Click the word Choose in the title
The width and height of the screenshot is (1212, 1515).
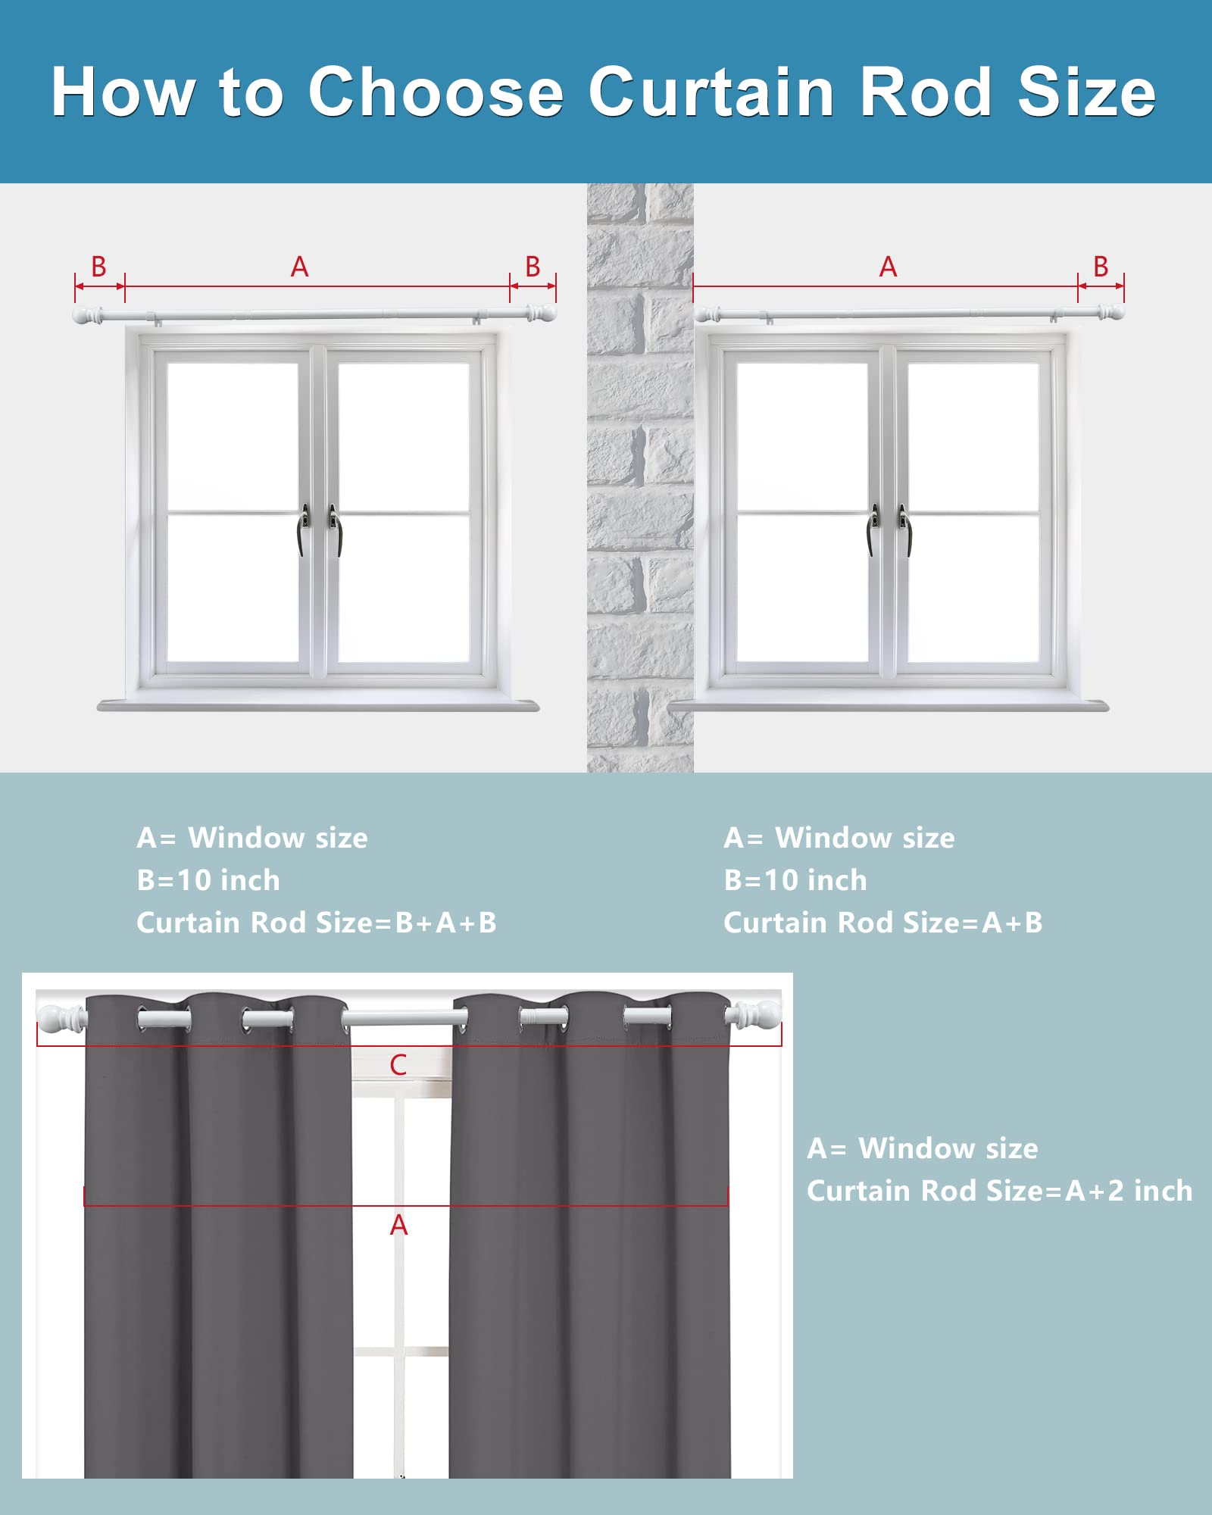tap(436, 92)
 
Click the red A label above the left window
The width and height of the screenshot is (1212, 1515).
tap(300, 267)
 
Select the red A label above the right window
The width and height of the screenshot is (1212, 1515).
tap(888, 267)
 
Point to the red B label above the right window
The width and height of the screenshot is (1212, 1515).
tap(1101, 267)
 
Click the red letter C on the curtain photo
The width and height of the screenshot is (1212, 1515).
tap(398, 1065)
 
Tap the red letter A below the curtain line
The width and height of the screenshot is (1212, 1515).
tap(398, 1225)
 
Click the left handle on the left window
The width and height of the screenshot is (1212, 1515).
tap(304, 529)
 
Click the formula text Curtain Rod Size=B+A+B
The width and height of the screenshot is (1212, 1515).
tap(317, 923)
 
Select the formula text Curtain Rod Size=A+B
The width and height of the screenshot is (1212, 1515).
tap(883, 923)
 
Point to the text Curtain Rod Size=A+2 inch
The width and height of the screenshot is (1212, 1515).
tap(1000, 1191)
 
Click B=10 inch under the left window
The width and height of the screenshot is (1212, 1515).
tap(208, 880)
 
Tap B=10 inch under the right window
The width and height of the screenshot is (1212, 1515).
tap(795, 880)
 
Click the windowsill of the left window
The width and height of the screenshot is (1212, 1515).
tap(318, 705)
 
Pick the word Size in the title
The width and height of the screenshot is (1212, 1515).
tap(1087, 92)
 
